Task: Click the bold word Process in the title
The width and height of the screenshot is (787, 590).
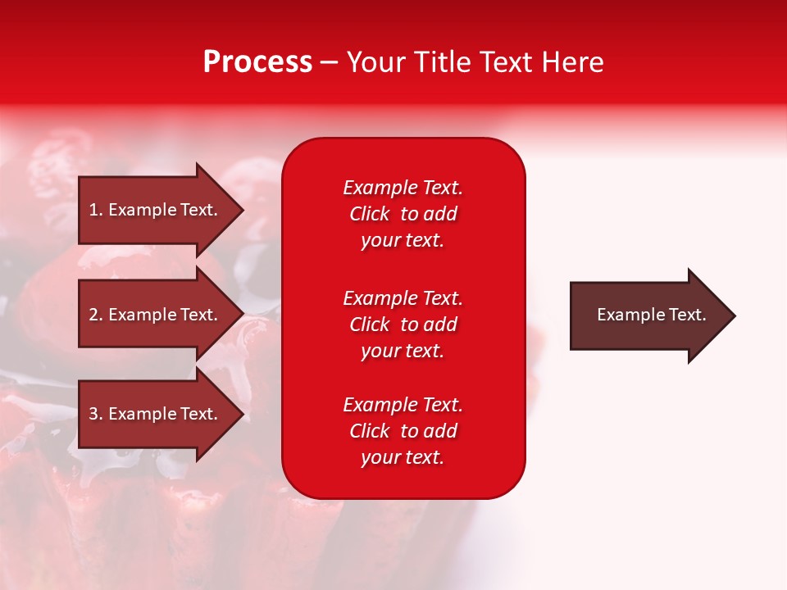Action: tap(257, 62)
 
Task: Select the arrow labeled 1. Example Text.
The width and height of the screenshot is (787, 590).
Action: tap(156, 210)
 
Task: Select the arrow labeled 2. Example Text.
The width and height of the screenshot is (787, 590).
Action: tap(156, 315)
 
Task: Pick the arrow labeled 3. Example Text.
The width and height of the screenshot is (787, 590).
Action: tap(156, 414)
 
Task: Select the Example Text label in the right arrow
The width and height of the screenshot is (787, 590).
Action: tap(651, 315)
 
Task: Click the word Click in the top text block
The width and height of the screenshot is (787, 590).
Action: tap(369, 214)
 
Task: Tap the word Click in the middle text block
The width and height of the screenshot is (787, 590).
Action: tap(369, 324)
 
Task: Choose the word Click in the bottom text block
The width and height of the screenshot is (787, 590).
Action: tap(369, 431)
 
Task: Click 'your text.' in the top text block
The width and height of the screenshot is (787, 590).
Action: tap(403, 241)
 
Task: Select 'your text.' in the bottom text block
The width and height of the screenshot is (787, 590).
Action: tap(403, 458)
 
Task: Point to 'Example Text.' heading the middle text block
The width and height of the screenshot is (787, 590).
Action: tap(403, 297)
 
